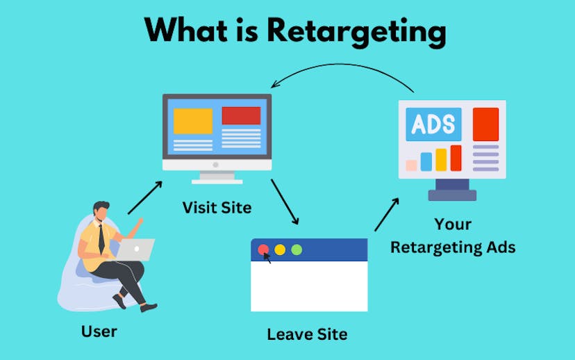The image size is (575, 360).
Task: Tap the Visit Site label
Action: (x=217, y=207)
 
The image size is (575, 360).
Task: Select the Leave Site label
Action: (x=307, y=334)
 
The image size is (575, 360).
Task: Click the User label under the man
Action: (x=99, y=331)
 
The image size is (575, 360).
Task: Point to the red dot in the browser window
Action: (x=263, y=249)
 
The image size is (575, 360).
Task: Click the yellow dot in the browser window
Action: (x=280, y=249)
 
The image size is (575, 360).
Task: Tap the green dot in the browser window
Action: (x=297, y=249)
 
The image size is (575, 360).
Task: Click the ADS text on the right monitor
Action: (x=433, y=124)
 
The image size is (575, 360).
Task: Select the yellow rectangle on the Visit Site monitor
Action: (x=192, y=121)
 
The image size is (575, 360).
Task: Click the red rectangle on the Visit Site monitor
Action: (x=241, y=115)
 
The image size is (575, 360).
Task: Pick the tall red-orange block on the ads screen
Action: (x=485, y=124)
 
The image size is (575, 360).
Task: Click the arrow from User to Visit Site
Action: (x=144, y=197)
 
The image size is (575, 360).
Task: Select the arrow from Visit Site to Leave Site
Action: (x=285, y=202)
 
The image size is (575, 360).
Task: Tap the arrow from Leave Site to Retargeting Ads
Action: (x=387, y=214)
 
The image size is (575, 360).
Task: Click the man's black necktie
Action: (x=101, y=238)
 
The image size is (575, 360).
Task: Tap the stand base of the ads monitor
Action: (x=452, y=195)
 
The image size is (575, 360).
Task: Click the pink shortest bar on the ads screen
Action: (x=411, y=165)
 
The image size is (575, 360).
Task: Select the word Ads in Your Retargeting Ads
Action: (x=500, y=247)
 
